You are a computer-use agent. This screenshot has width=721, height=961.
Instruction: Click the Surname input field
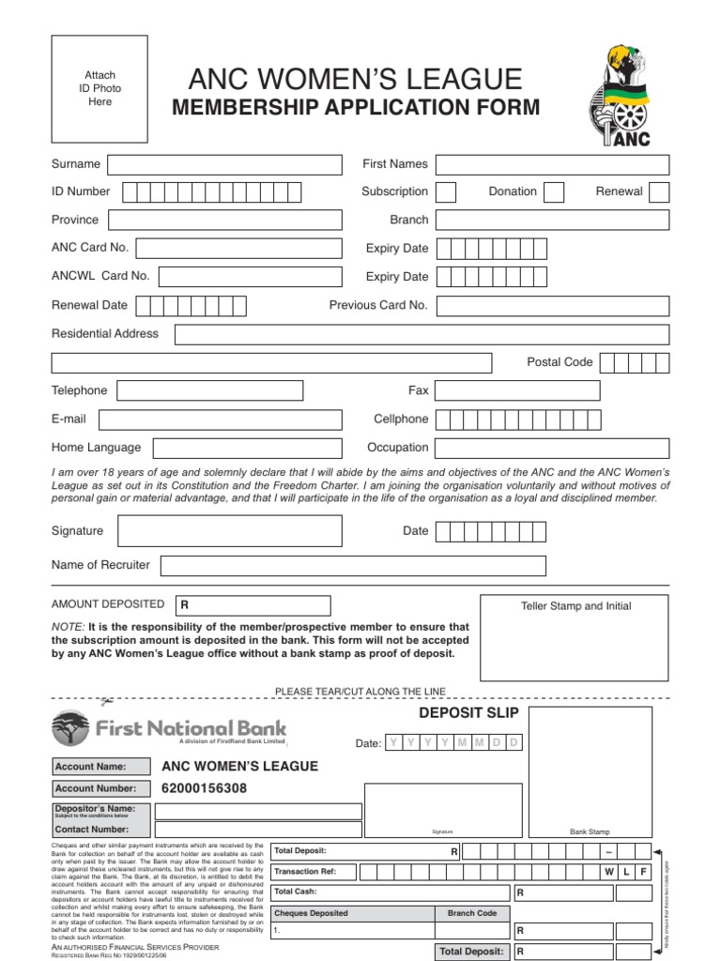pos(224,165)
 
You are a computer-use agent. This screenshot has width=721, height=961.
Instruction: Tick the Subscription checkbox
pos(447,192)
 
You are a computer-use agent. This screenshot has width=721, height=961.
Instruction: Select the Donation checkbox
pos(554,192)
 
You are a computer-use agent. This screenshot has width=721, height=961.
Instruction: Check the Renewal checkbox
pos(659,192)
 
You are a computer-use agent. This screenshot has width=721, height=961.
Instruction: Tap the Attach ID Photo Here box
pos(100,88)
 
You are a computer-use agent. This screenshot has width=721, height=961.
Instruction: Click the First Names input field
pos(552,165)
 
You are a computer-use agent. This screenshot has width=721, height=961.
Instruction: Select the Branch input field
pos(552,221)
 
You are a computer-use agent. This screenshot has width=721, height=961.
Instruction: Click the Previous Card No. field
pos(552,306)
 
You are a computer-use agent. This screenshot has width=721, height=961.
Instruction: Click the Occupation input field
pos(552,448)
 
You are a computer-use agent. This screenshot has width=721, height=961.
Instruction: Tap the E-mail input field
pos(220,419)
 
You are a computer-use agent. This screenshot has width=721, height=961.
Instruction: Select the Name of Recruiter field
pos(353,566)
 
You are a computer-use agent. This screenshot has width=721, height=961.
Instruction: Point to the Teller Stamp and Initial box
pos(575,638)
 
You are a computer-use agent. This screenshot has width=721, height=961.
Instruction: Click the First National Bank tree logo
pos(70,727)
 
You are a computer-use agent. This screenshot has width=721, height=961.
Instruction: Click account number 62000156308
pos(205,789)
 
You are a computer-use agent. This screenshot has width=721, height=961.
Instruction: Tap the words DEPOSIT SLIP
pos(468,714)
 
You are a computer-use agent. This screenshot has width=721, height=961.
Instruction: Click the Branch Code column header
pos(472,913)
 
